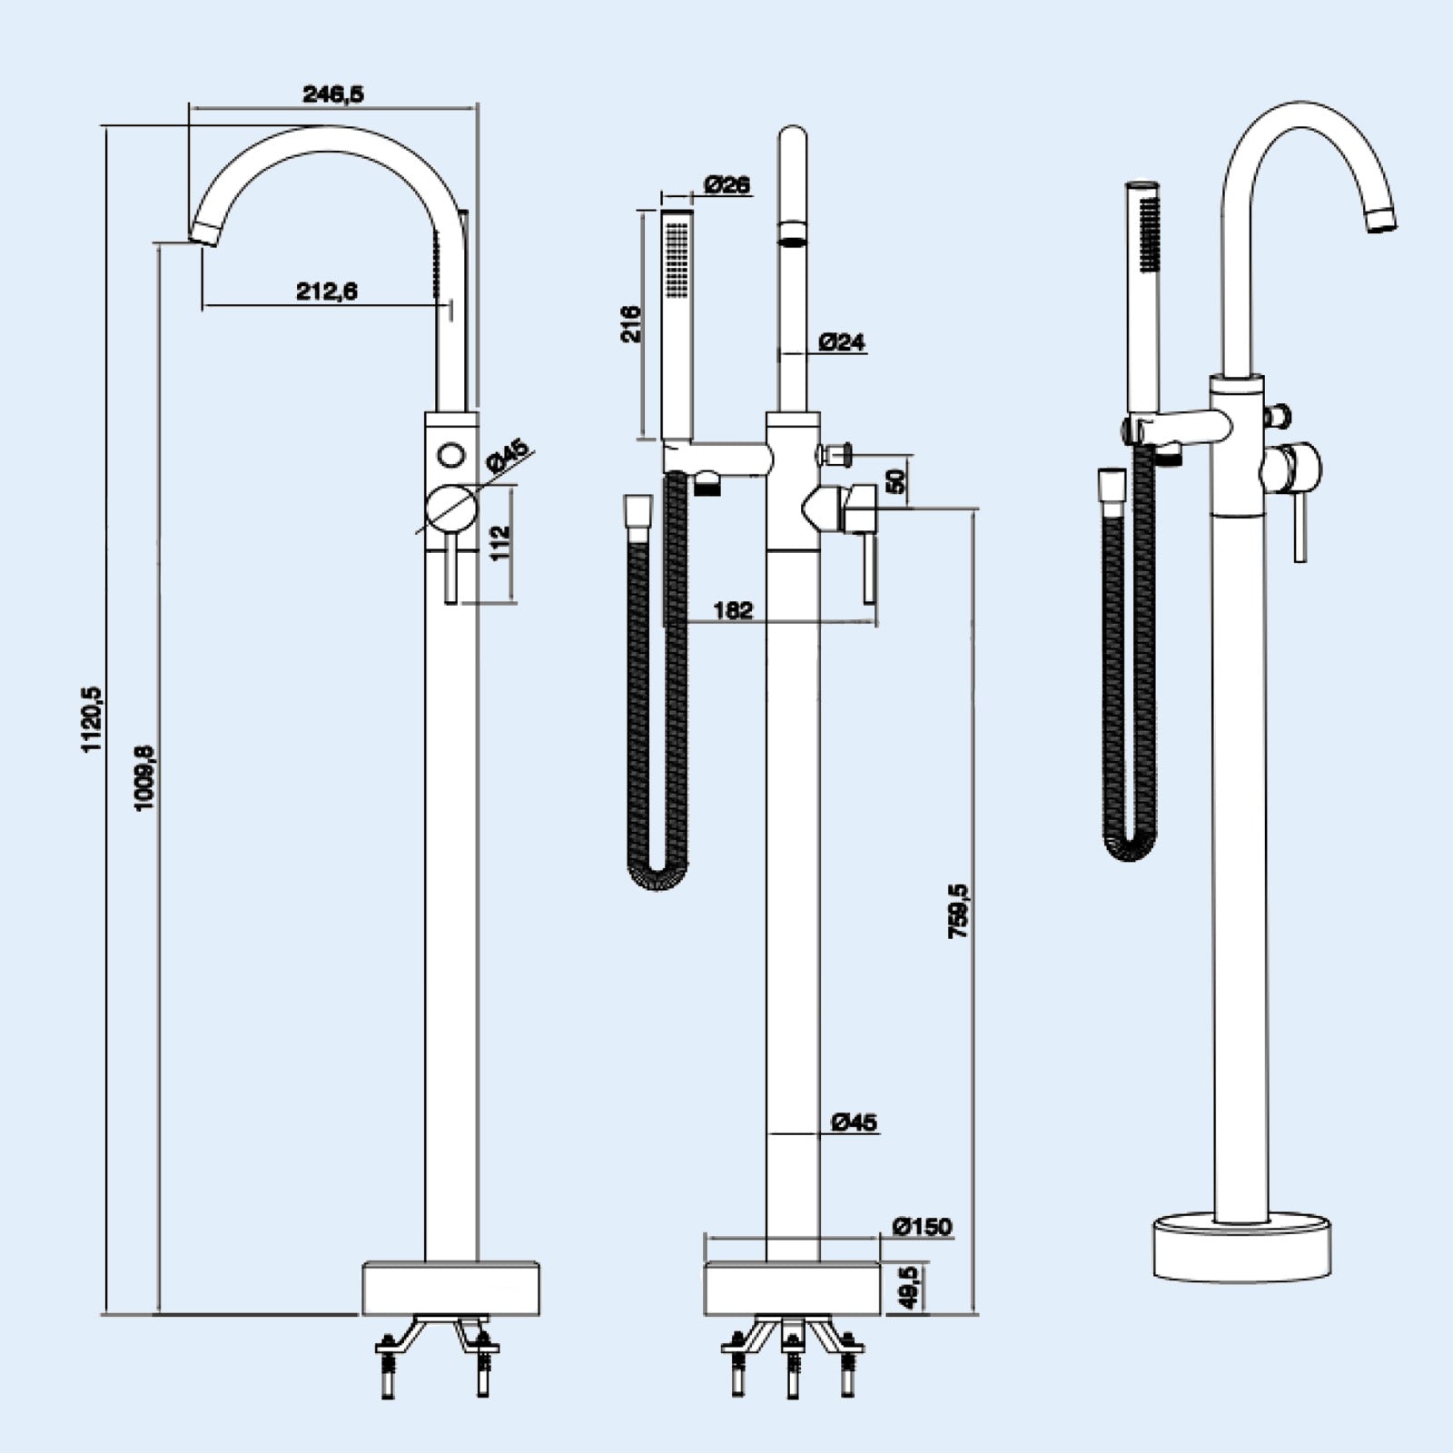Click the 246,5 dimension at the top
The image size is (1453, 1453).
click(x=332, y=94)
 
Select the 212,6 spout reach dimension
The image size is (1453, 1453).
click(x=326, y=291)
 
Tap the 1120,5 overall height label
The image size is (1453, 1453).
click(x=94, y=719)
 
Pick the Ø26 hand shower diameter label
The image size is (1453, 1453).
click(x=726, y=184)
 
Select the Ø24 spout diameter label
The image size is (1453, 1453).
click(x=842, y=342)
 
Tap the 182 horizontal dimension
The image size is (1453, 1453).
click(x=733, y=609)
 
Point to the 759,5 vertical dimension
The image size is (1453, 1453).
click(x=959, y=911)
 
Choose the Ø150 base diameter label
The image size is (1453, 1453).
click(x=923, y=1227)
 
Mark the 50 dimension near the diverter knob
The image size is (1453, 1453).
click(x=896, y=480)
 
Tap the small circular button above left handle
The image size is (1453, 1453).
click(x=450, y=454)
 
